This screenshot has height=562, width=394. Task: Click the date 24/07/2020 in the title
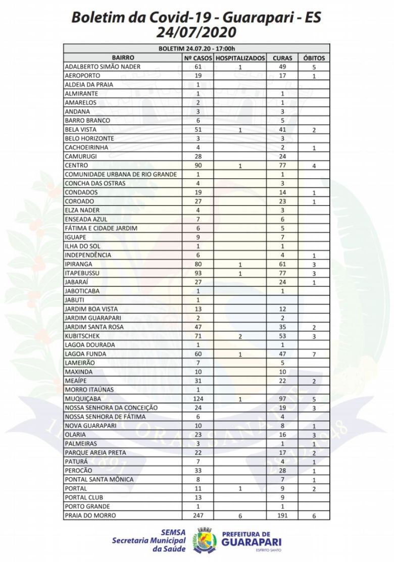click(196, 33)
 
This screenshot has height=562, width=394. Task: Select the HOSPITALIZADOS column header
click(240, 58)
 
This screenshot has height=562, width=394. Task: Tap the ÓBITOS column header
click(314, 58)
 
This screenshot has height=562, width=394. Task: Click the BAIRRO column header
click(123, 58)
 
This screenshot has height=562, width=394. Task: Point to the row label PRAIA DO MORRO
click(90, 516)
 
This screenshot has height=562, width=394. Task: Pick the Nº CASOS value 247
click(198, 516)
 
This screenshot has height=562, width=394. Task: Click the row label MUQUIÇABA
click(83, 399)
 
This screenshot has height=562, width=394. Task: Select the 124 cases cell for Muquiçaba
click(198, 399)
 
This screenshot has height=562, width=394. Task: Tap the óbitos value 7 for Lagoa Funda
click(314, 354)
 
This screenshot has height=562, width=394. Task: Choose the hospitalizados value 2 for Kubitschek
click(240, 336)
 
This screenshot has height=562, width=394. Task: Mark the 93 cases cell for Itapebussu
click(198, 273)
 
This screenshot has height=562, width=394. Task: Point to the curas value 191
click(282, 516)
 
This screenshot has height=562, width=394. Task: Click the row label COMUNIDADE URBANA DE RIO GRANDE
click(121, 174)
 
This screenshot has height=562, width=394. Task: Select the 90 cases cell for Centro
click(198, 166)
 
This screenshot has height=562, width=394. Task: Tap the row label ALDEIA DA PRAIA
click(89, 85)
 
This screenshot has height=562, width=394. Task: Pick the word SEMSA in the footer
click(173, 532)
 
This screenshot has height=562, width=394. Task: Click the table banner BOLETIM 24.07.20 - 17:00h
click(196, 49)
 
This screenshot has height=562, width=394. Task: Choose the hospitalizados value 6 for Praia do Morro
click(240, 516)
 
